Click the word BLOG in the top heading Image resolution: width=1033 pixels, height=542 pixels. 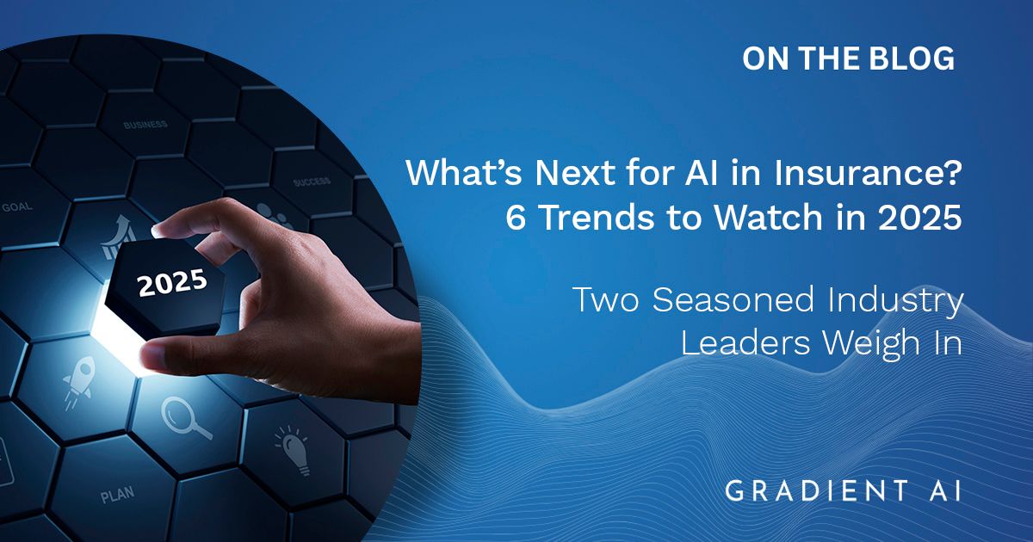906,59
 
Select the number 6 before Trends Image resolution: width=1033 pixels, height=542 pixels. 516,217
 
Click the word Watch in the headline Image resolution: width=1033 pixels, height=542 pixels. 768,217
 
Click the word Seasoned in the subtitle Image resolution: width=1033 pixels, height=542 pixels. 733,299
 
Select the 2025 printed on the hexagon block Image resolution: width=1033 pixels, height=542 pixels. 172,282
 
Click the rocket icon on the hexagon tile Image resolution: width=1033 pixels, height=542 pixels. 79,381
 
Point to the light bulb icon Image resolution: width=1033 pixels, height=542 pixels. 294,450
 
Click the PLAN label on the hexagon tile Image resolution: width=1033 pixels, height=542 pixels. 118,495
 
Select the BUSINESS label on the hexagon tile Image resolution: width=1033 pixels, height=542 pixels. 145,125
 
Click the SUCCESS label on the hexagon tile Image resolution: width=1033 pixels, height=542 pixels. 312,181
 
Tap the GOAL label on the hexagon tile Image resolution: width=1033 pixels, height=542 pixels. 17,207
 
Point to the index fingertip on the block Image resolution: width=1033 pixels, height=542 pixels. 159,229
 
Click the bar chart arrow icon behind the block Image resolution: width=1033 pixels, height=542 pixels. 118,237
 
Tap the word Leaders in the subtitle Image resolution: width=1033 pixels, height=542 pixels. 745,343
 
